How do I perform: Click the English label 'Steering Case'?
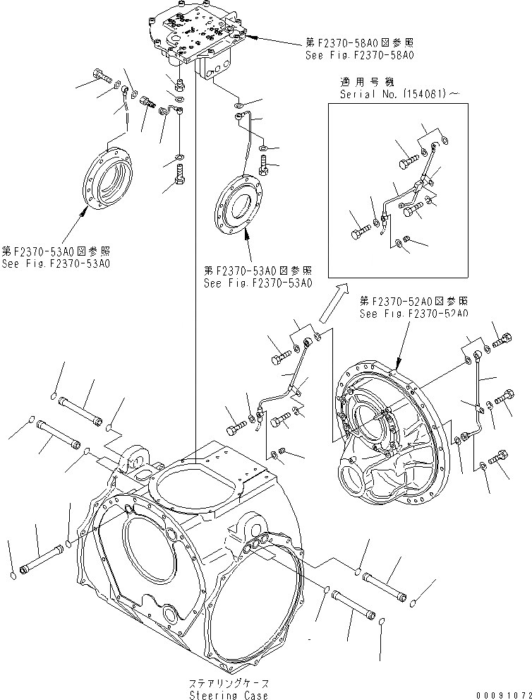click(x=229, y=695)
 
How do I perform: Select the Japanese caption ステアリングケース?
click(x=229, y=684)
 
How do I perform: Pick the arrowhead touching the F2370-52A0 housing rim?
click(x=399, y=367)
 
